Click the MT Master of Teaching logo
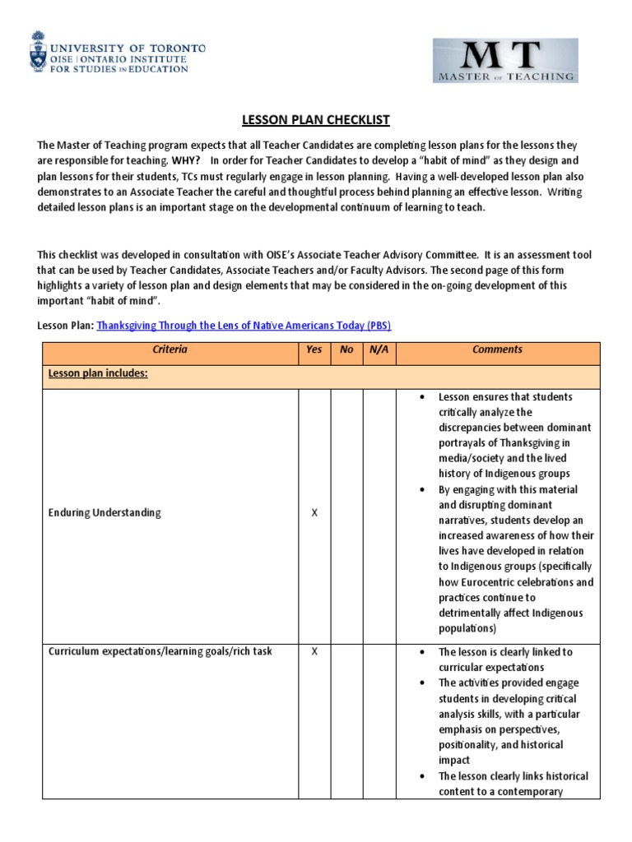click(x=505, y=61)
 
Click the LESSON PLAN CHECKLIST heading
click(x=315, y=120)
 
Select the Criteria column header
click(x=170, y=349)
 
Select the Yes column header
click(x=314, y=349)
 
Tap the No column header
click(x=346, y=349)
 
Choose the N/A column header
click(x=379, y=349)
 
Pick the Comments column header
click(x=497, y=349)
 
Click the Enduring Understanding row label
click(x=104, y=513)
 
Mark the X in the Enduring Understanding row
click(x=314, y=513)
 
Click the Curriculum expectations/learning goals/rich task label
click(x=160, y=652)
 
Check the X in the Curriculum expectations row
click(x=314, y=652)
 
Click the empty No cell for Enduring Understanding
click(x=346, y=513)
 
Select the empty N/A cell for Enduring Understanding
click(x=379, y=513)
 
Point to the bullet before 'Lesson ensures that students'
click(x=422, y=397)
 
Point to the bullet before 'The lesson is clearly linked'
click(x=422, y=652)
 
